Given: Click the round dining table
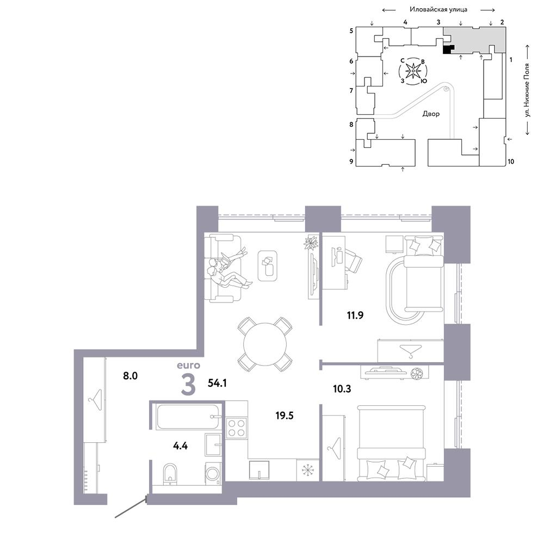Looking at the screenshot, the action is [265, 344].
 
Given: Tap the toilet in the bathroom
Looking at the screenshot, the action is [170, 474].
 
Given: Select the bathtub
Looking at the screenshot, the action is [188, 416].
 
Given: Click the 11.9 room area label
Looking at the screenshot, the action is [355, 315].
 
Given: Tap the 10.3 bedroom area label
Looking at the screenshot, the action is [342, 388].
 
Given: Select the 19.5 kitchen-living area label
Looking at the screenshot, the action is [284, 415].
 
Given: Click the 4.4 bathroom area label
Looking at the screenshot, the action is [181, 446].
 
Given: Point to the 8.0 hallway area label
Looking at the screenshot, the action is [131, 375].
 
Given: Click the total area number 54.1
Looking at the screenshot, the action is [217, 382].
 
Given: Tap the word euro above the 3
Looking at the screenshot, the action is [188, 366].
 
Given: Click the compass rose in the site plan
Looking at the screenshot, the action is [413, 71].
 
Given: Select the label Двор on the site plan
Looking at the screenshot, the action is [431, 114].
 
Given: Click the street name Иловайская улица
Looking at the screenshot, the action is [438, 9].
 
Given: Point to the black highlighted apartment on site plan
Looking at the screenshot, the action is [448, 50].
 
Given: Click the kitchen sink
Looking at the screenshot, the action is [259, 470].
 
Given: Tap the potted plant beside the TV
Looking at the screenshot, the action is [311, 243].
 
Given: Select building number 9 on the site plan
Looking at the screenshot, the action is [351, 161].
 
